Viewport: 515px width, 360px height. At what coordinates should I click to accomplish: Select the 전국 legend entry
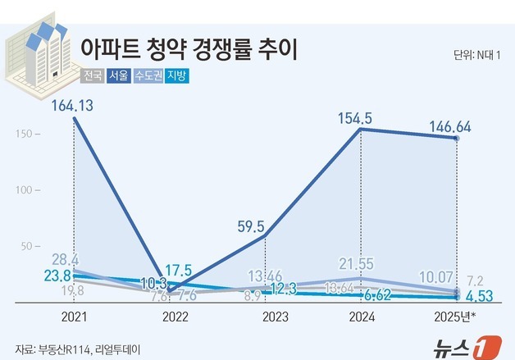coord(93,77)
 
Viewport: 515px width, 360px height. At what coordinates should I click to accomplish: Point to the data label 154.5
coord(355,119)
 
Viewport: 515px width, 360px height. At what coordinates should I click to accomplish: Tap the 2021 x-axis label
coord(75,316)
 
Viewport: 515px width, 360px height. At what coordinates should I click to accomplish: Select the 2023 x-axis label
coord(266,316)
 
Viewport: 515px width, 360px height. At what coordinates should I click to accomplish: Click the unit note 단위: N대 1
coord(478,56)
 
